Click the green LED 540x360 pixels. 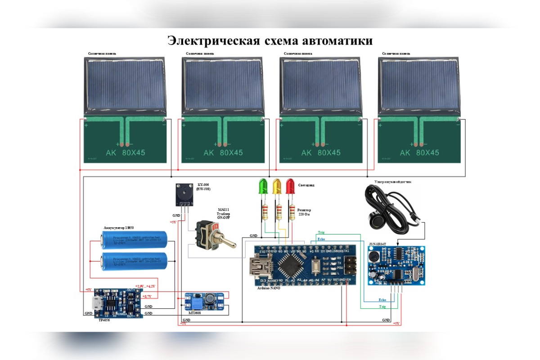pyautogui.click(x=263, y=186)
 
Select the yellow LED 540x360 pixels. pyautogui.click(x=276, y=186)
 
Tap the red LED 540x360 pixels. pyautogui.click(x=290, y=186)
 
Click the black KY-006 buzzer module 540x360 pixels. pyautogui.click(x=184, y=194)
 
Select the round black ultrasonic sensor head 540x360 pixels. pyautogui.click(x=374, y=219)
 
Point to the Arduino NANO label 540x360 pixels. pyautogui.click(x=268, y=288)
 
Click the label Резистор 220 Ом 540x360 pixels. pyautogui.click(x=304, y=212)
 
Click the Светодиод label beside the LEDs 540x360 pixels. pyautogui.click(x=306, y=185)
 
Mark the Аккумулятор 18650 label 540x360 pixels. pyautogui.click(x=119, y=228)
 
